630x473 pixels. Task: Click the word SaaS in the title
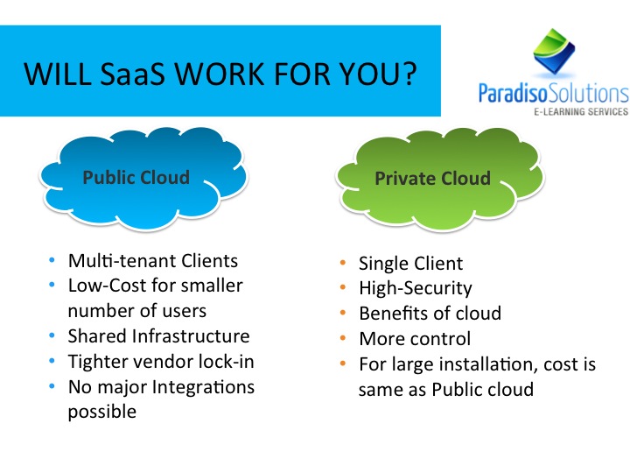tap(132, 74)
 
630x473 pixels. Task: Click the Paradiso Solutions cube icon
tap(554, 51)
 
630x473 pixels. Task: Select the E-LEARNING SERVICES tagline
tap(581, 111)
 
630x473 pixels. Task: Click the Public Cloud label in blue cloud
tap(136, 177)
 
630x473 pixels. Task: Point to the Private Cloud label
tap(433, 178)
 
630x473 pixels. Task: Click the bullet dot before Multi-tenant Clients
tap(52, 260)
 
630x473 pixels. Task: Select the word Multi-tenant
tap(122, 261)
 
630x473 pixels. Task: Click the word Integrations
tap(203, 388)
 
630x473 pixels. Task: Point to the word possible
tap(102, 413)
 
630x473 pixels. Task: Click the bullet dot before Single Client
tap(343, 263)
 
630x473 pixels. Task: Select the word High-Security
tap(416, 289)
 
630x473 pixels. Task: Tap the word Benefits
tap(394, 314)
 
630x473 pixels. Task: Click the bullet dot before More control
tap(343, 338)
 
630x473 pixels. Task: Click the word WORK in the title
tap(220, 74)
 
